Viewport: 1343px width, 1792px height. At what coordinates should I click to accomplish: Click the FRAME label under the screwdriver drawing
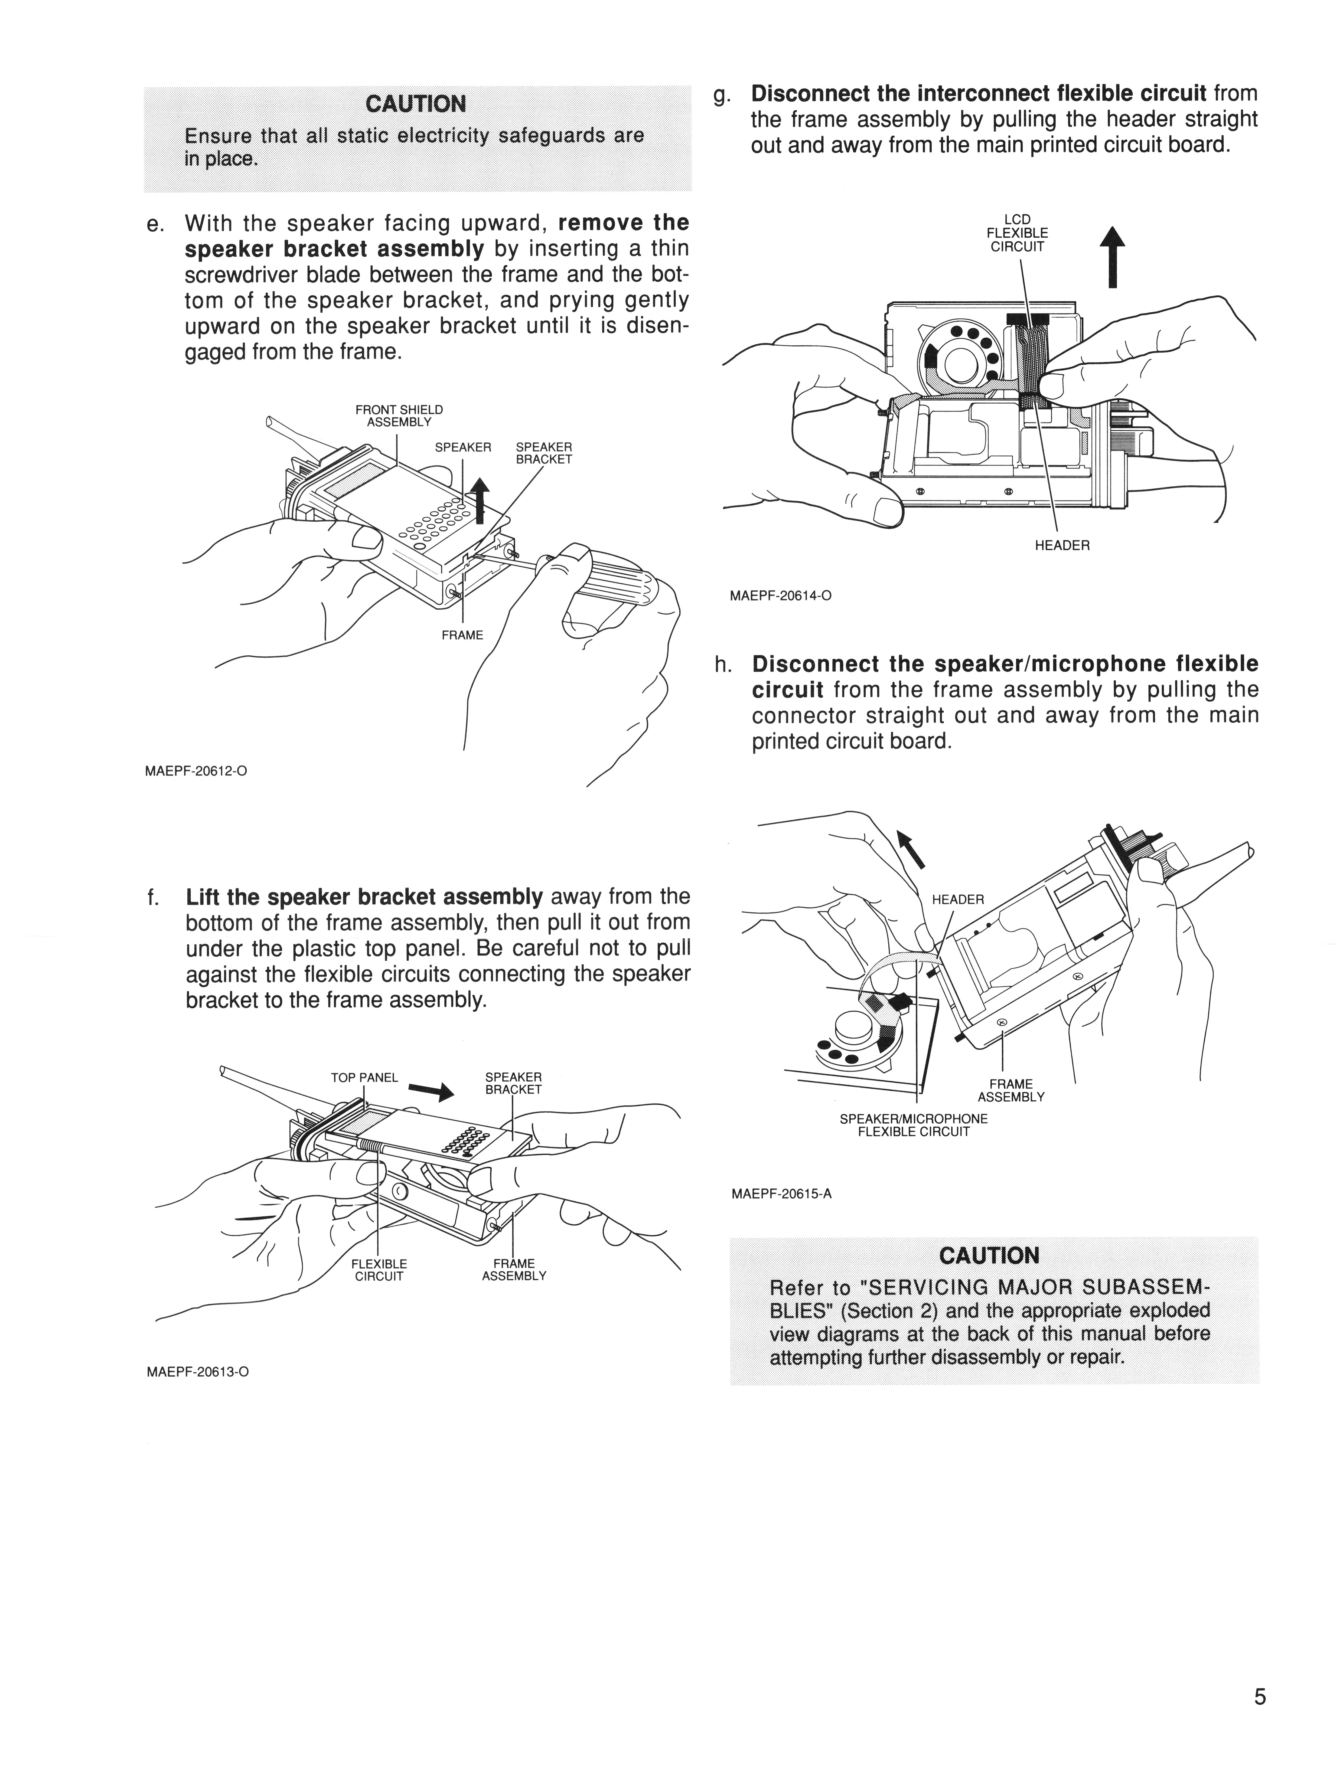462,635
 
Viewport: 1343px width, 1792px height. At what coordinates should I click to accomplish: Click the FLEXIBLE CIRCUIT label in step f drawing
379,1270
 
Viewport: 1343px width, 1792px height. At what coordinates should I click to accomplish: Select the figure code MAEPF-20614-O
781,596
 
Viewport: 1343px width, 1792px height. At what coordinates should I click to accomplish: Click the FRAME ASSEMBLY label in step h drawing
1011,1090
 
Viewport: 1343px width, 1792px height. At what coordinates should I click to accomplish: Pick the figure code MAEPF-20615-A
781,1193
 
